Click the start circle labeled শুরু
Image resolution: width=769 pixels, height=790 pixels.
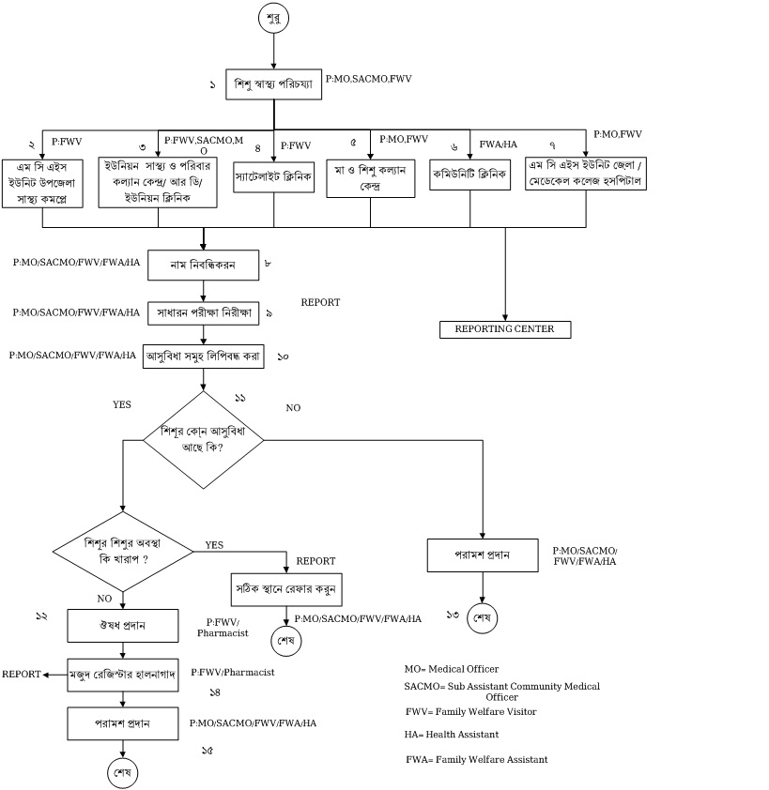coord(274,17)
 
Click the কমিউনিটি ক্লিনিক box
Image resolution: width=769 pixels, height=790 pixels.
coord(469,175)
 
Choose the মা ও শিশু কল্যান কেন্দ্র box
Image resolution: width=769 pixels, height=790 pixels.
coord(370,177)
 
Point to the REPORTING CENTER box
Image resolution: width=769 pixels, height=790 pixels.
coord(505,329)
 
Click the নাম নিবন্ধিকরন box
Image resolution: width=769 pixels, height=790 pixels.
coord(204,266)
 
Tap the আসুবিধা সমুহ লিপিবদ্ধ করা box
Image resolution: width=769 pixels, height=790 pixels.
coord(204,357)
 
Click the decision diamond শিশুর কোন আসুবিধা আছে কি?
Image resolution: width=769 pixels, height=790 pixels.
coord(203,440)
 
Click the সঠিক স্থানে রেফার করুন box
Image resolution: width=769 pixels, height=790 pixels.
coord(285,589)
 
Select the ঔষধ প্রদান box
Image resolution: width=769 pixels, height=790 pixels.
coord(123,624)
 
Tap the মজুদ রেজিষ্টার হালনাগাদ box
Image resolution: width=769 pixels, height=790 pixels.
coord(123,674)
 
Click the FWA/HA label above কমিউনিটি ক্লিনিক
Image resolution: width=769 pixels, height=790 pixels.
coord(498,144)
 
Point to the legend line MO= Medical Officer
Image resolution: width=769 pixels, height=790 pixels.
coord(452,669)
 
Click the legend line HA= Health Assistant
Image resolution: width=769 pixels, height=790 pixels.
coord(452,735)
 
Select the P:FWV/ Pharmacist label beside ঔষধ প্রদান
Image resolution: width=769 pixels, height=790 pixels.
coord(223,628)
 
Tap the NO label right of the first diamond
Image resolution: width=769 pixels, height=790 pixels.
coord(293,408)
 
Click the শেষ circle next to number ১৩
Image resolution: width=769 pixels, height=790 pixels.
coord(482,619)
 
